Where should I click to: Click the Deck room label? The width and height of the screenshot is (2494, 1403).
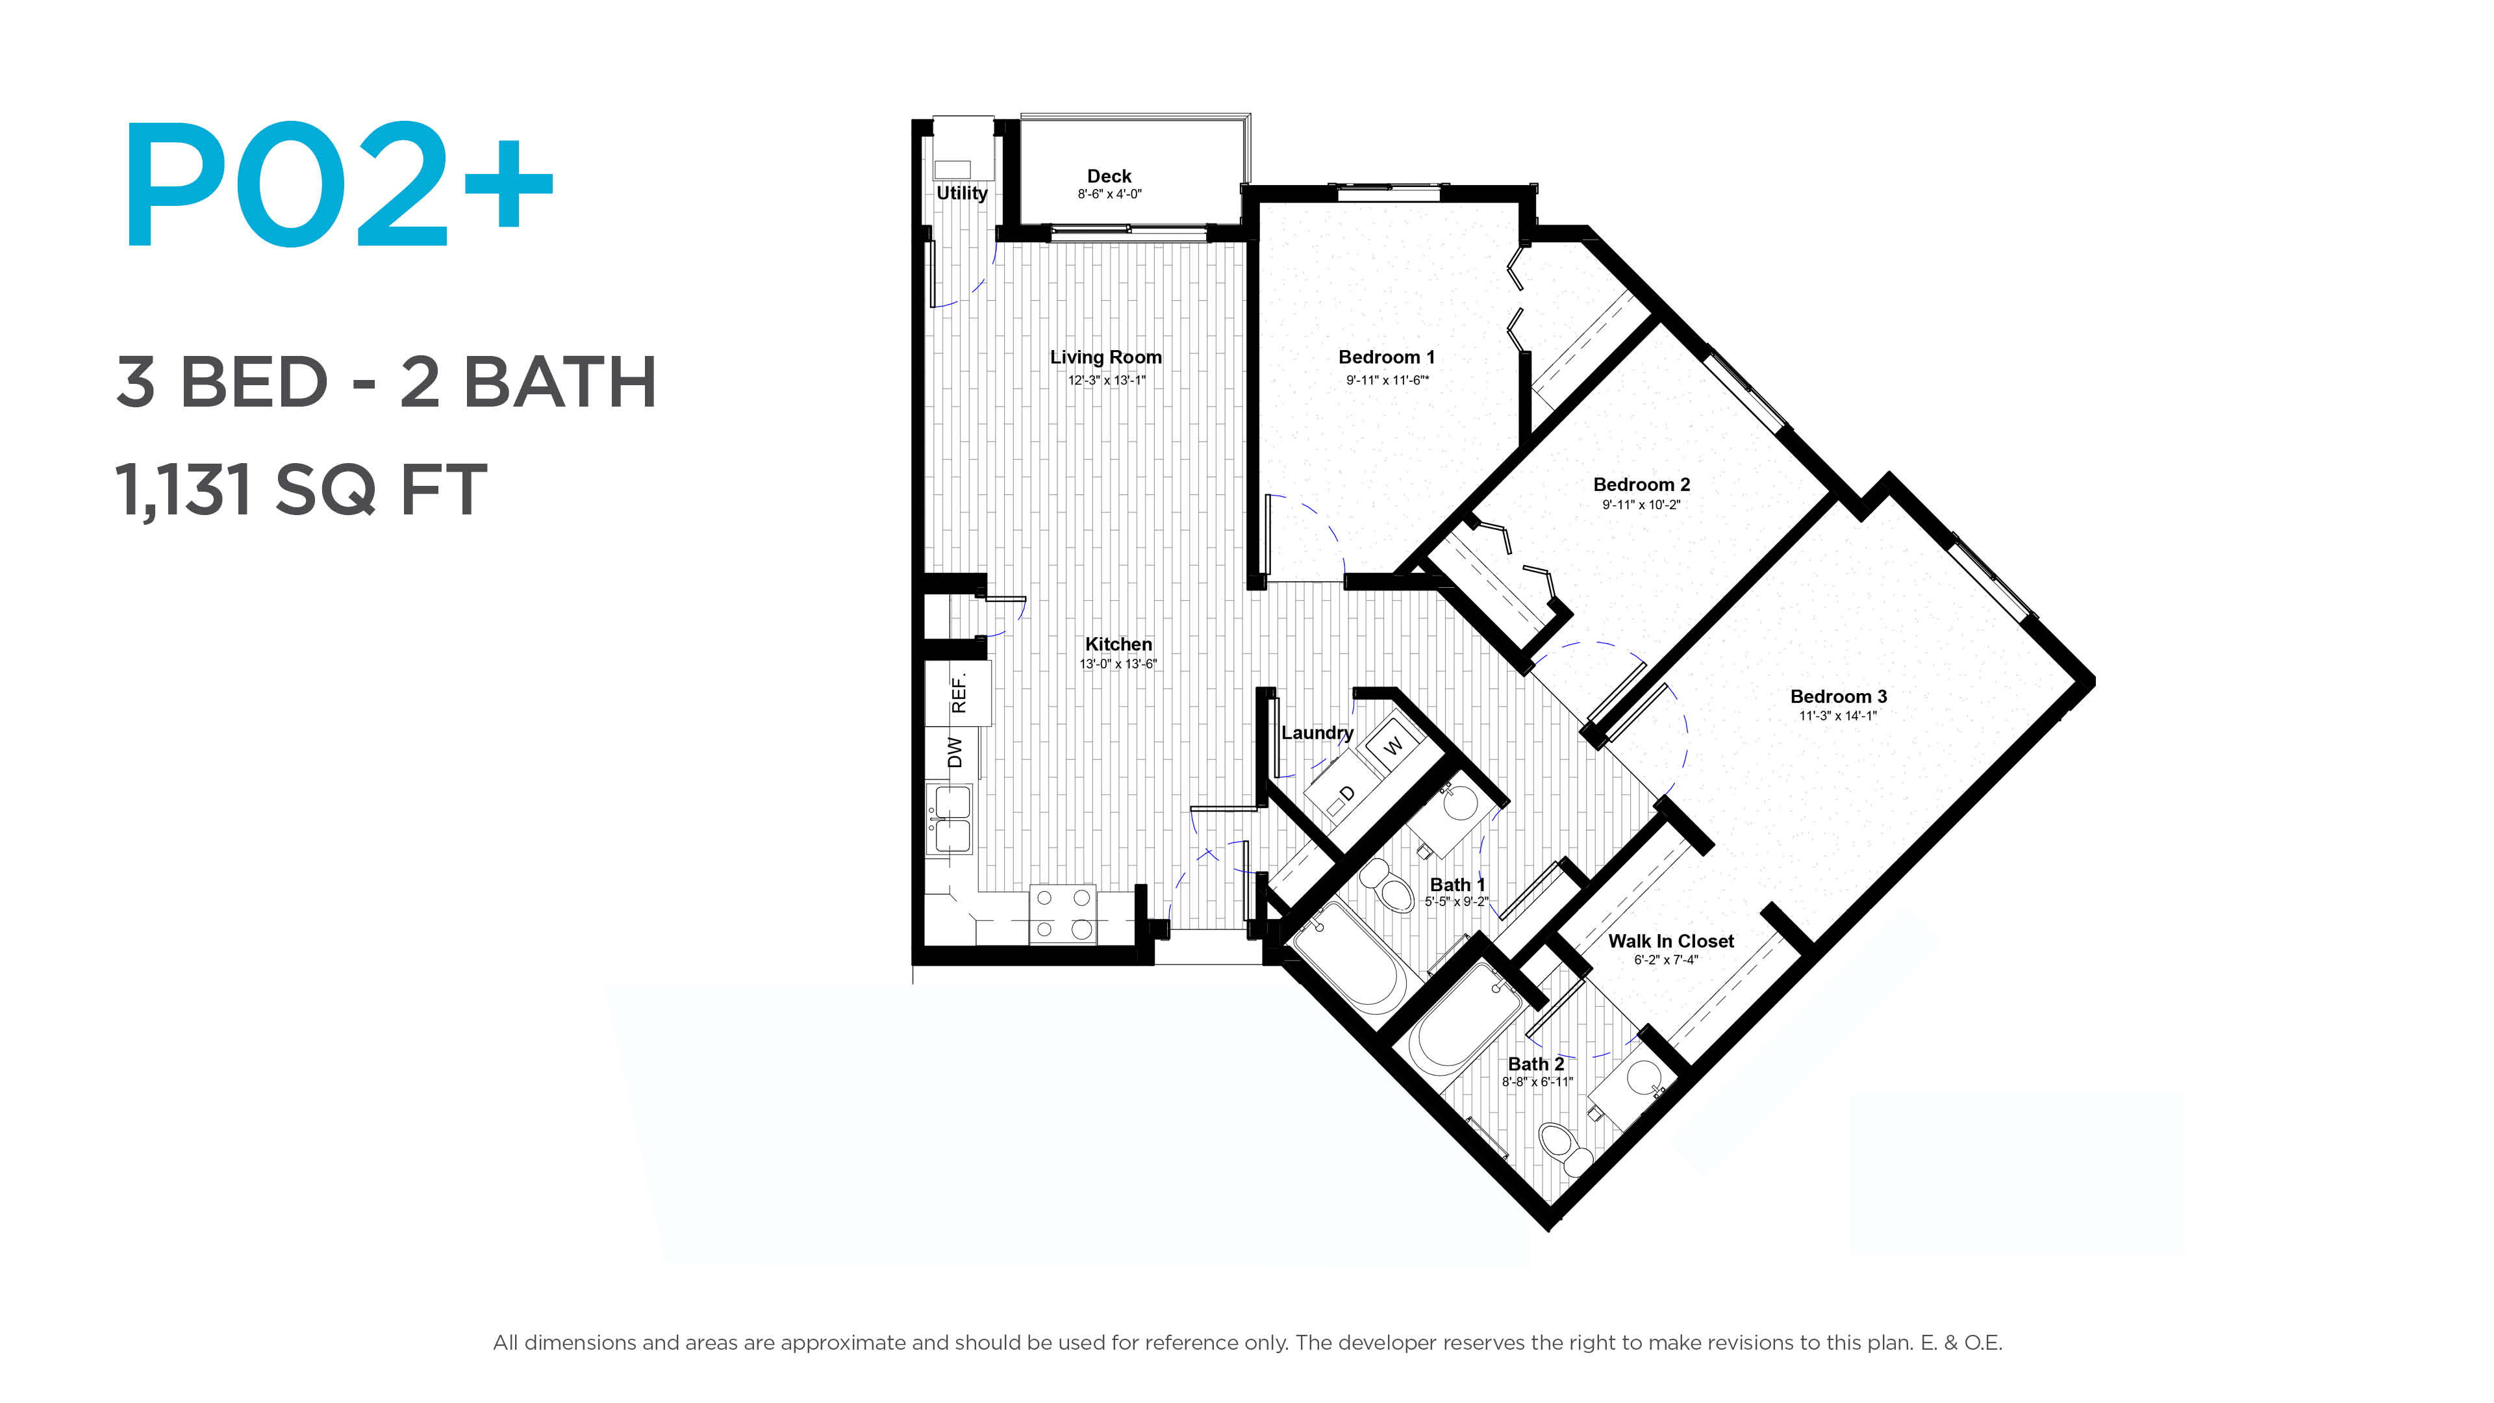1109,176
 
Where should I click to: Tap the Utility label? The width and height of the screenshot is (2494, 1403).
961,193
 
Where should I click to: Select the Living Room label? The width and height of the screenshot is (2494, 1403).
1105,357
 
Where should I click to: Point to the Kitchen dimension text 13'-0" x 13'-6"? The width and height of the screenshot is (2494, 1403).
1118,664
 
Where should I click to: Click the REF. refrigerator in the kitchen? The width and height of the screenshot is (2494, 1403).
957,693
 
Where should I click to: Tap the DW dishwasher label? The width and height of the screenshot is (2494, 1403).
955,752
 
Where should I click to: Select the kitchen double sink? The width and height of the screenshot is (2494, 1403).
951,819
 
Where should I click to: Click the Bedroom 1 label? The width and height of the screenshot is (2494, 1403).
1387,357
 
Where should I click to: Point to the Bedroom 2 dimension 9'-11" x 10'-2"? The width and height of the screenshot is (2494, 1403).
1641,505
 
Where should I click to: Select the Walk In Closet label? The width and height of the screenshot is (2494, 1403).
1671,941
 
